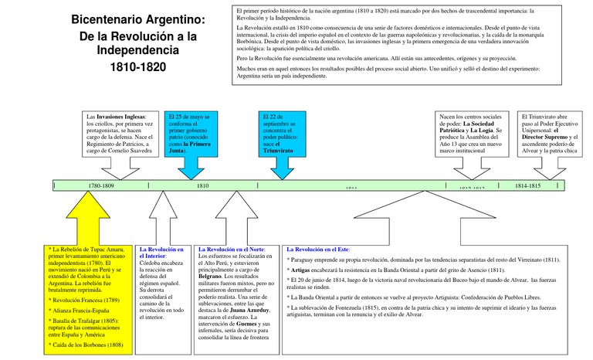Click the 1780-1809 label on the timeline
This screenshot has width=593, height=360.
point(100,186)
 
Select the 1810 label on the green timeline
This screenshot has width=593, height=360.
point(202,186)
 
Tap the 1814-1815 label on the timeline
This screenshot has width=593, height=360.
point(528,186)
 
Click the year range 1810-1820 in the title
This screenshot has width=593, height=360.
point(138,67)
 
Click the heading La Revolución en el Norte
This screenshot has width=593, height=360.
point(232,250)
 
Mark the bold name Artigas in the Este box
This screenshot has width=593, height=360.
point(302,270)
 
